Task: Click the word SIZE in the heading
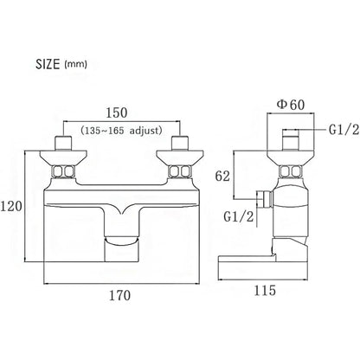coord(48,64)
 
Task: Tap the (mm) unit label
coord(76,64)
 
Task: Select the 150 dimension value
coord(117,112)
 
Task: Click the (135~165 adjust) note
coord(121,131)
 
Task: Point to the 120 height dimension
coord(11,206)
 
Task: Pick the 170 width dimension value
coord(119,295)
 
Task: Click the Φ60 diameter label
coord(291,105)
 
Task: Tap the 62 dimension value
coord(222,176)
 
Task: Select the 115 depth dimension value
coord(265,290)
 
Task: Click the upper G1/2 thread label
coord(344,130)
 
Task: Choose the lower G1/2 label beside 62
coord(239,216)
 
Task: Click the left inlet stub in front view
coord(63,143)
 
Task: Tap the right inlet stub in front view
coord(180,143)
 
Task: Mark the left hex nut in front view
coord(63,172)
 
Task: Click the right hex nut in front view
coord(180,172)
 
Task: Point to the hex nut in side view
coord(291,172)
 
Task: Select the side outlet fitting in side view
coord(265,199)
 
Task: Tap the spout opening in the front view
coord(120,241)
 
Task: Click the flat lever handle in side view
coord(262,267)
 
